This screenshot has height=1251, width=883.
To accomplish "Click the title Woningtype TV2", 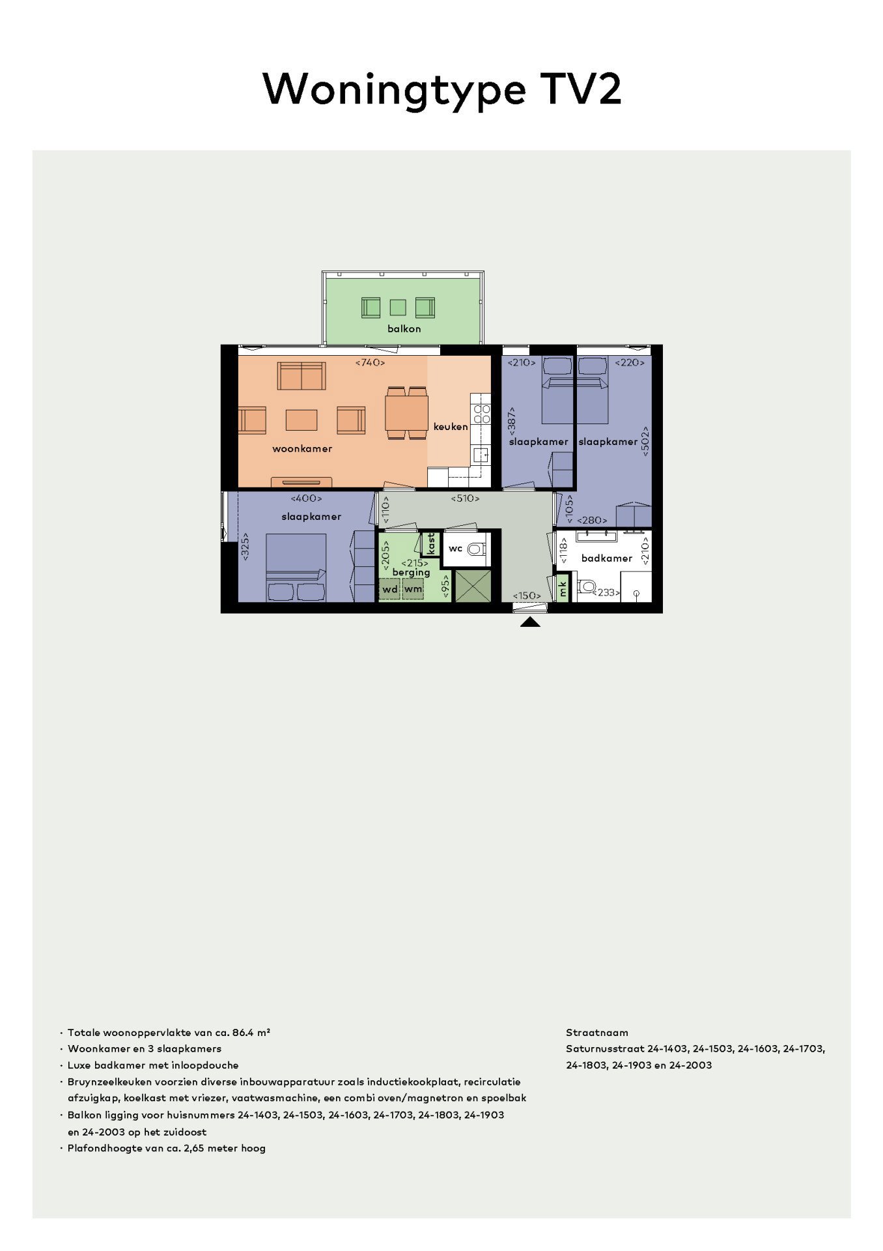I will coord(441,89).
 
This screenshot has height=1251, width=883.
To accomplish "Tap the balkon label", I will coord(404,328).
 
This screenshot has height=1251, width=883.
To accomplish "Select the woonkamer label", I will coord(302,448).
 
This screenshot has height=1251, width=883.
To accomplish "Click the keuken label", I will coord(451,427).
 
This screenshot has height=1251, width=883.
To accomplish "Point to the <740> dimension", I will coord(370,362).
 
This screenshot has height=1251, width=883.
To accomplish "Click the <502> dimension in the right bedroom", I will coord(645,441).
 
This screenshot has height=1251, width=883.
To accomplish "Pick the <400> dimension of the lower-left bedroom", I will coord(306,498).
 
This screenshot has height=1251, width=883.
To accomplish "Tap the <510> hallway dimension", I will coord(465,498).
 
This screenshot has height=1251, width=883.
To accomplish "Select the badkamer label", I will coord(607,558).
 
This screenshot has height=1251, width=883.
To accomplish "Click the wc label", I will coord(455,549).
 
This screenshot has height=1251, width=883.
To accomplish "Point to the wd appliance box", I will coord(390,589).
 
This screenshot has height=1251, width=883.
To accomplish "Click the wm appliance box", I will coord(413,589).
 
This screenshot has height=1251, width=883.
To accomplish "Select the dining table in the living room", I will coord(406,413).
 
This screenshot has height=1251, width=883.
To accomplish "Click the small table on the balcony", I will coord(397,307).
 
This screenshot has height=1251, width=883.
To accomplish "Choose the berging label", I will coord(411,572).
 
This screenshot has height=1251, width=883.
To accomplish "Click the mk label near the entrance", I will coord(562,589).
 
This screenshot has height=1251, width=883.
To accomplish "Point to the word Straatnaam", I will coord(597,1033).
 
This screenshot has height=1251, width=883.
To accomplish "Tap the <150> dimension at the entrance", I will coord(527,596).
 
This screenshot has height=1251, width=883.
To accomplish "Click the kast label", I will coord(430,544).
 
